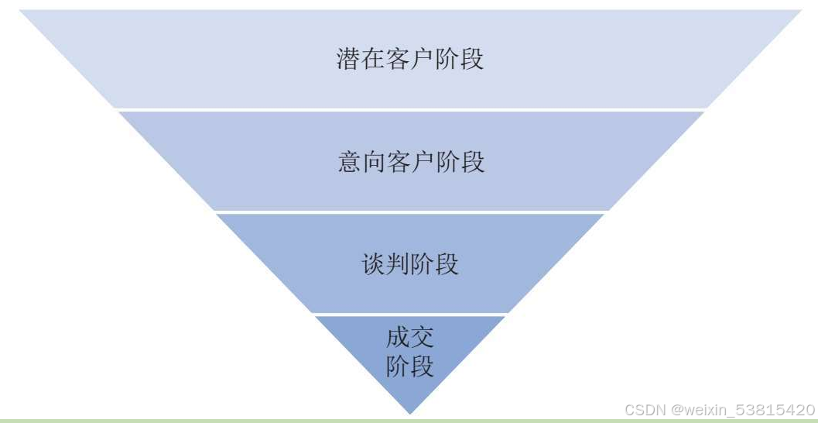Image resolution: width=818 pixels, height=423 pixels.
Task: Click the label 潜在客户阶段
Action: (x=410, y=60)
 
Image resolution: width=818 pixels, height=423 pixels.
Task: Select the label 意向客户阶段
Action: (x=411, y=162)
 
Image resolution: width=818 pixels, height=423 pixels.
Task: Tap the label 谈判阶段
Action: (x=410, y=263)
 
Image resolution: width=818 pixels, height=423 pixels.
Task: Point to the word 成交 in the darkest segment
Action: (x=410, y=338)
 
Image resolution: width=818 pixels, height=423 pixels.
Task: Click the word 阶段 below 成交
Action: (x=410, y=366)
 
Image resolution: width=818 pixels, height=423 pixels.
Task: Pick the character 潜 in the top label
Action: (x=348, y=60)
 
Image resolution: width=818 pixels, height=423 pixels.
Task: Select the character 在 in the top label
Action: (x=373, y=60)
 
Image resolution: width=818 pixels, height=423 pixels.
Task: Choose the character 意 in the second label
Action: (x=350, y=162)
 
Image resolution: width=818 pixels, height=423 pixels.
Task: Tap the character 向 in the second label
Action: (x=375, y=162)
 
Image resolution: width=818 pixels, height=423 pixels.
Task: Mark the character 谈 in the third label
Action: (x=373, y=263)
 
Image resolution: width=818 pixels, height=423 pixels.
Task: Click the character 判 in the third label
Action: (x=398, y=263)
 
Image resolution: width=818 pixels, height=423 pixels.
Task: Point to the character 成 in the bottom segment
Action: (x=398, y=338)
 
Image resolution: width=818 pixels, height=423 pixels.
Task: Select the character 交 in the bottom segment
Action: (x=423, y=338)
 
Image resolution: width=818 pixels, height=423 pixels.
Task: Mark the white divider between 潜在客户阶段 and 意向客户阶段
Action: (x=410, y=109)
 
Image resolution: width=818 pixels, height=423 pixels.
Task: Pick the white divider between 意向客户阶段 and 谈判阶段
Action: (x=410, y=211)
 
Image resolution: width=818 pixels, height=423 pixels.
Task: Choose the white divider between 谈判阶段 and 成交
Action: (x=410, y=314)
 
